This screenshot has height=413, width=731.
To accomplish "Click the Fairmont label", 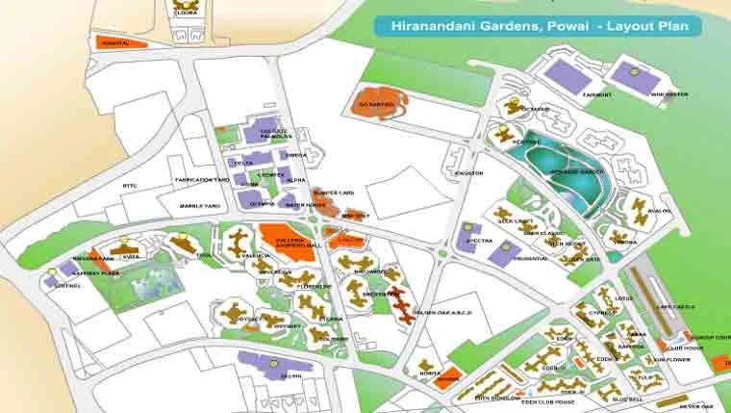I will tap(597, 95).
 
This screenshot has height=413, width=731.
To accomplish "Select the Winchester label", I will tap(669, 95).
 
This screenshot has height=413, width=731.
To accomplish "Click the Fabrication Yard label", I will tap(201, 180).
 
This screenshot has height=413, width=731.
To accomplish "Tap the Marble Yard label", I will tap(200, 206).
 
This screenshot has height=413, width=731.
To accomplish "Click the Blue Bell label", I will tap(626, 399).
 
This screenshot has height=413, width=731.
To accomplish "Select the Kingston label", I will tap(469, 173).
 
